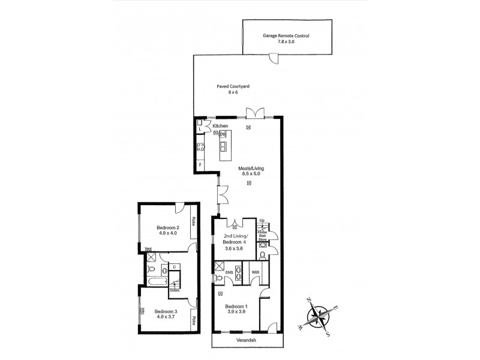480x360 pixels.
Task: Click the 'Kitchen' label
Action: coord(220,125)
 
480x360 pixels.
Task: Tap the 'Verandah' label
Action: coord(246,340)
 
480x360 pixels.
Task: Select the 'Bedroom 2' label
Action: coord(168,227)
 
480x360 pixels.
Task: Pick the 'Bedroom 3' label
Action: coord(166,311)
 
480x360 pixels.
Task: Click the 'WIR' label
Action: coord(255,271)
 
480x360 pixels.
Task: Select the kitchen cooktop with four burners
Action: coord(200,146)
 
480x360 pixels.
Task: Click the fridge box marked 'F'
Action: coord(200,165)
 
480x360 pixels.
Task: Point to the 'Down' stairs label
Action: coord(175,290)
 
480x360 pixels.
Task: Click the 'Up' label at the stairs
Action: coord(262,221)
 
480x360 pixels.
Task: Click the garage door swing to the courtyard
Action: coord(273,59)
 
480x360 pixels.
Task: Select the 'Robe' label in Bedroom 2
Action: coord(194,221)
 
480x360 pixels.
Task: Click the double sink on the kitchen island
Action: coord(223,145)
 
